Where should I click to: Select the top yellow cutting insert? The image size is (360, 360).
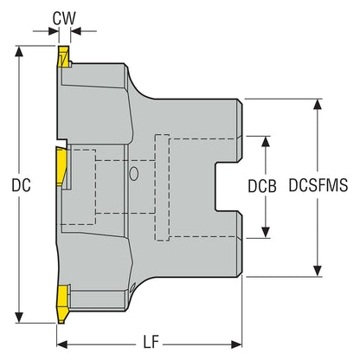(x=62, y=61)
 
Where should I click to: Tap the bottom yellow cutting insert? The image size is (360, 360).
(x=61, y=302)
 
